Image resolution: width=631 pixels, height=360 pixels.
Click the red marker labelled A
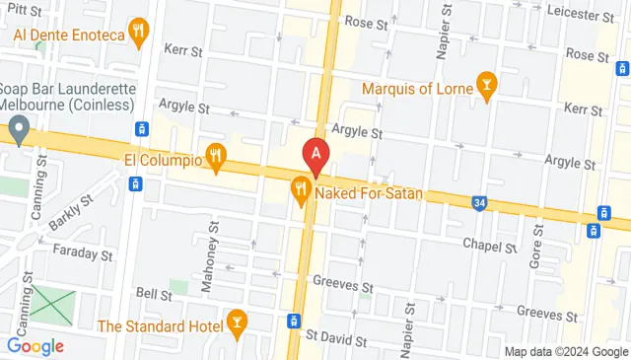click(x=315, y=155)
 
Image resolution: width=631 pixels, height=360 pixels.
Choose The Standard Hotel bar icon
click(x=237, y=323)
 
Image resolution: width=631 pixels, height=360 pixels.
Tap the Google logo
click(x=35, y=346)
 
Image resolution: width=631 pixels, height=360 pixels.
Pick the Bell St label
click(x=154, y=293)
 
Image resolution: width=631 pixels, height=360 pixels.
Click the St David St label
click(x=335, y=338)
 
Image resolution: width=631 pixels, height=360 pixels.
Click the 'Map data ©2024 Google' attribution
click(x=566, y=352)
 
